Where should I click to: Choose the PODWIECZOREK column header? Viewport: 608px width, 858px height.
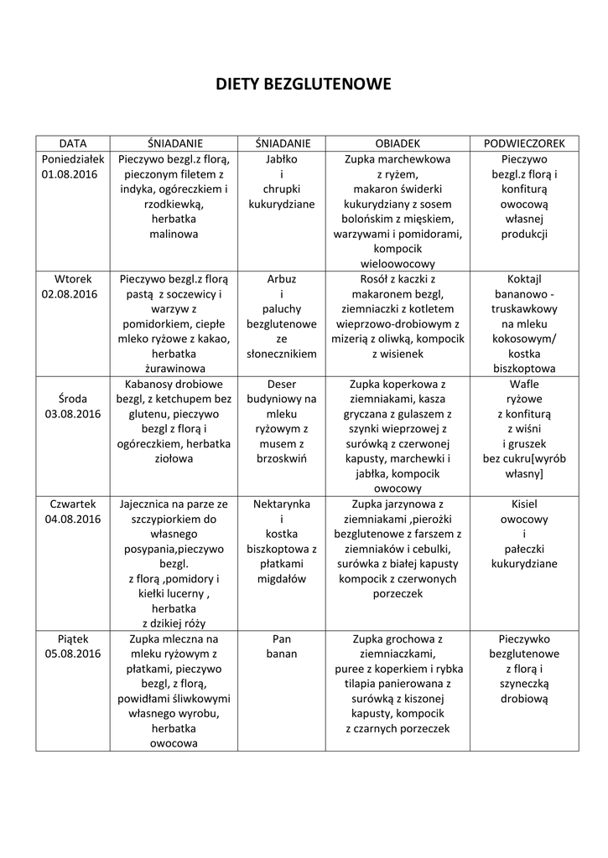coord(524,143)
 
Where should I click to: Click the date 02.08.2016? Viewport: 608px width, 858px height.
coord(72,295)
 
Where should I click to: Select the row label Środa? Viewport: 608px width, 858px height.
coord(72,399)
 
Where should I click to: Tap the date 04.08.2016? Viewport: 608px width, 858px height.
coord(72,519)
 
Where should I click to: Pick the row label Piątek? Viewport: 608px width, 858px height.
coord(72,638)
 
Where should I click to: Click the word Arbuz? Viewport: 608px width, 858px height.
coord(282,279)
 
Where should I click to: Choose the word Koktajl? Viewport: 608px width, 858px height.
coord(524,279)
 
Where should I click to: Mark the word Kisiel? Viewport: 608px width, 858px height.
coord(524,504)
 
